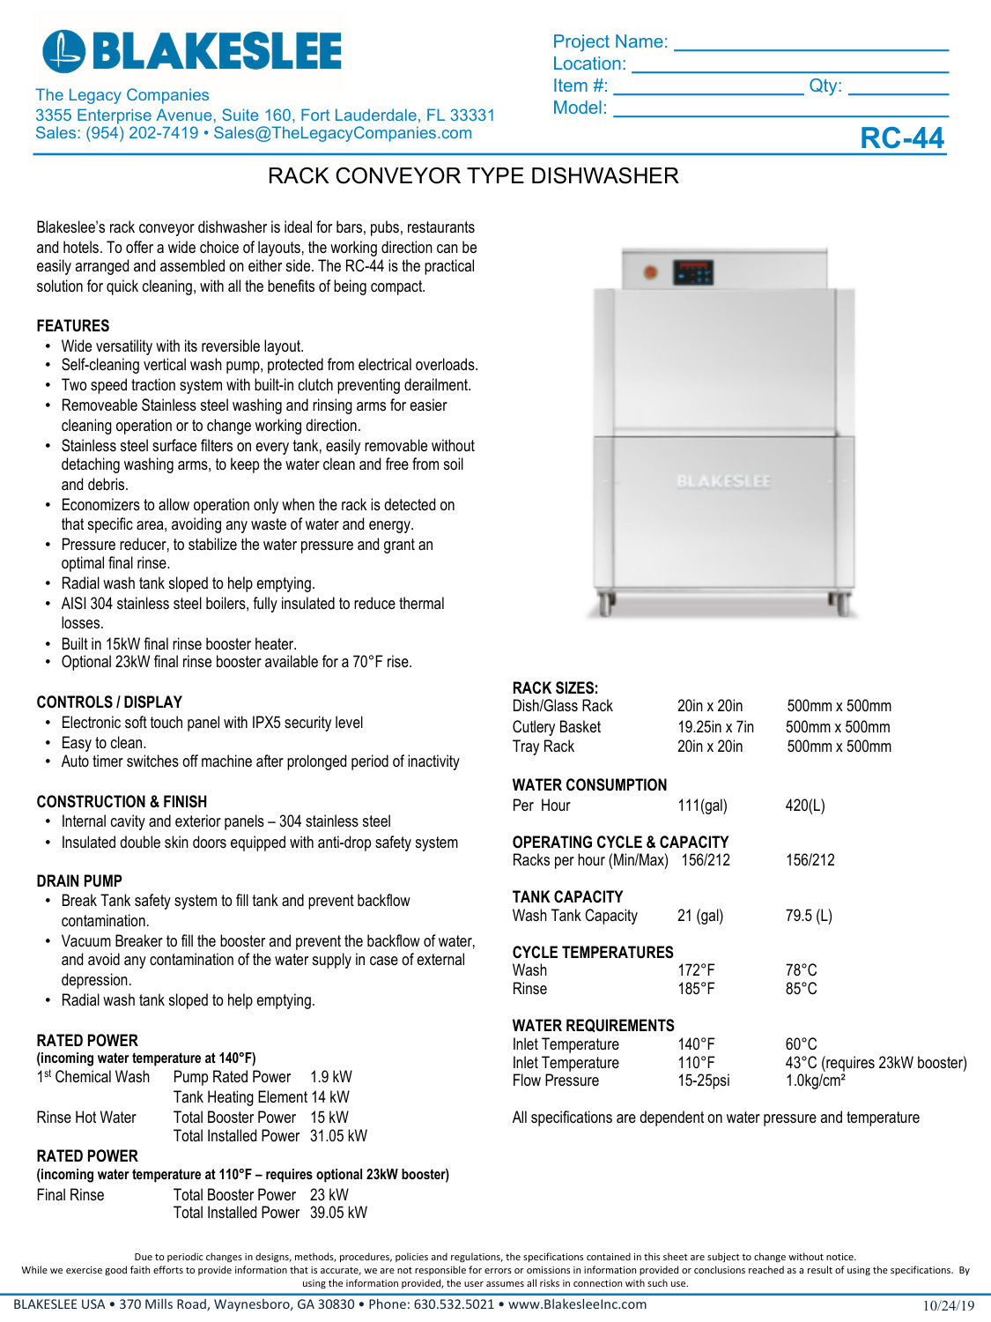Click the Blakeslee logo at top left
point(192,51)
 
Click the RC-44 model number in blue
point(901,138)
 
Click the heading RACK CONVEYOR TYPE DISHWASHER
point(473,176)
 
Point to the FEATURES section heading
point(73,326)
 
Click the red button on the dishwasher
point(651,273)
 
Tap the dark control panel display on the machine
point(692,273)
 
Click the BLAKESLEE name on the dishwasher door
point(723,481)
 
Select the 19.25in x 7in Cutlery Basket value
point(715,727)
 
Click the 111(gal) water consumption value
point(702,806)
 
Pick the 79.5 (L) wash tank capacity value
point(808,916)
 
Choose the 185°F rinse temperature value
point(696,989)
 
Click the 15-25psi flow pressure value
point(703,1081)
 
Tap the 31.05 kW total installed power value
point(338,1136)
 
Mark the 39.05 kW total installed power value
point(338,1213)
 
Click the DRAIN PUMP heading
point(79,881)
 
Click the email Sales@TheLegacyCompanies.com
point(343,133)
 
